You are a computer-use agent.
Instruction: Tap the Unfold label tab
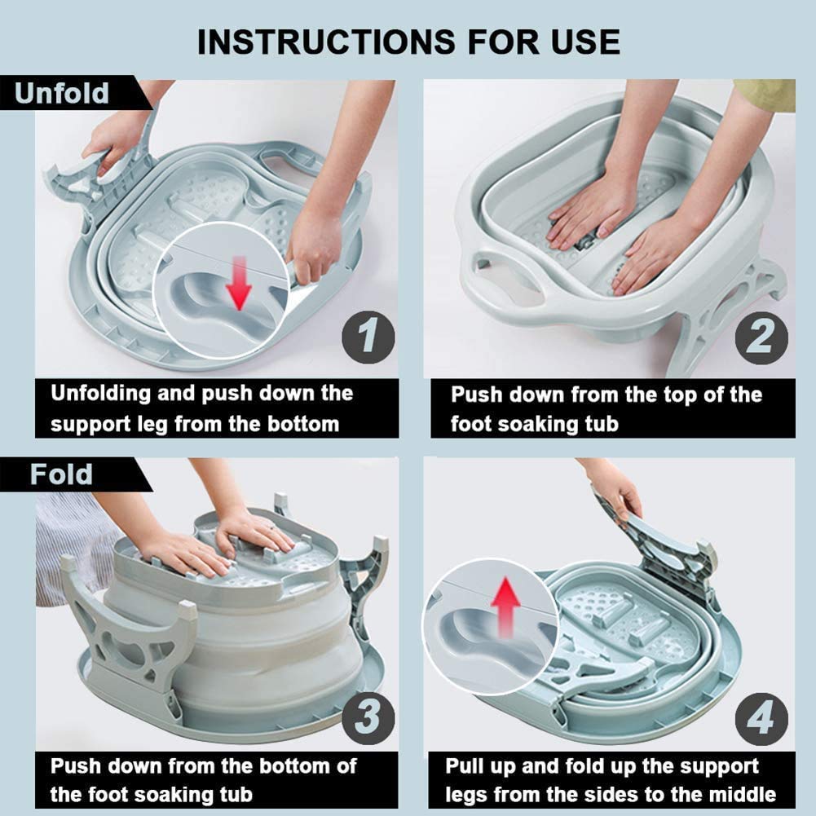pyautogui.click(x=73, y=93)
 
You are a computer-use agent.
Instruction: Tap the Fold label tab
pyautogui.click(x=73, y=474)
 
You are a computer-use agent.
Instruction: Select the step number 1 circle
pyautogui.click(x=368, y=337)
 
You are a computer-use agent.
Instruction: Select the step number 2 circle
pyautogui.click(x=761, y=337)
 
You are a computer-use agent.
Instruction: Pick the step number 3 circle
pyautogui.click(x=368, y=718)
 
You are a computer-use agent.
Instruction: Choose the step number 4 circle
pyautogui.click(x=761, y=719)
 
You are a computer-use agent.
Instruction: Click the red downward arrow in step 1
pyautogui.click(x=240, y=283)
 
